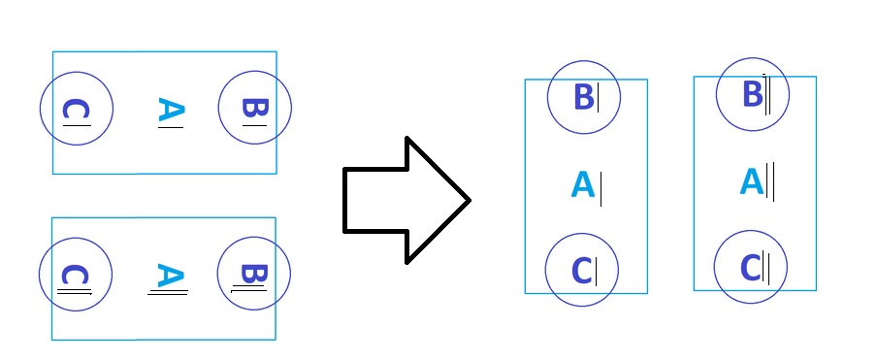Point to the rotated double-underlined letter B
pos(250,275)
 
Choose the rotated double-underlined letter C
pos(73,277)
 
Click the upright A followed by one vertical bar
pos(582,184)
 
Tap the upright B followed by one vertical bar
pos(583,97)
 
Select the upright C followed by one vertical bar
pos(582,270)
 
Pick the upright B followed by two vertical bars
pos(752,94)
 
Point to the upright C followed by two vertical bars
pos(751,266)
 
